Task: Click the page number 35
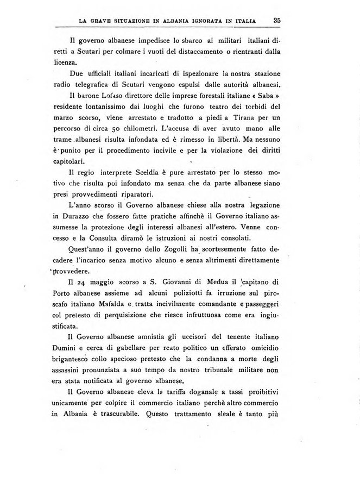(x=276, y=20)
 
